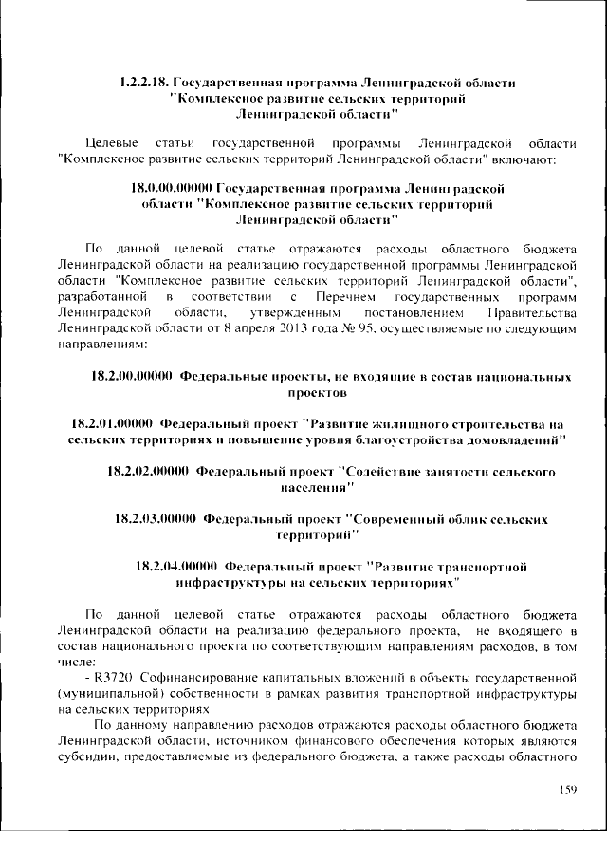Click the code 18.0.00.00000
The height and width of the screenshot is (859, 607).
172,189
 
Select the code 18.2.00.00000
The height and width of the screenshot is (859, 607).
131,377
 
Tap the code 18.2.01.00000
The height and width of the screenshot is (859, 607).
112,423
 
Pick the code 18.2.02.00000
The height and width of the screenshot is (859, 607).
147,471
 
